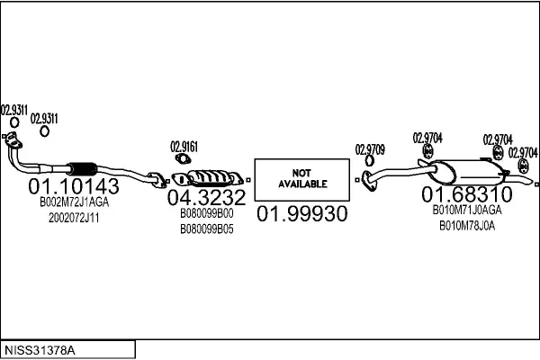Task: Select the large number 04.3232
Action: tap(206, 198)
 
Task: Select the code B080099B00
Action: tap(206, 214)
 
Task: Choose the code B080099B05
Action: tap(206, 229)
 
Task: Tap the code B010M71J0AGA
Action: tap(466, 211)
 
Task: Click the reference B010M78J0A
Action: tap(466, 225)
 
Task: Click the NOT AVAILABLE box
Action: tap(301, 177)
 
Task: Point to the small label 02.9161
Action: tap(184, 145)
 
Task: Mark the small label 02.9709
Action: tap(370, 149)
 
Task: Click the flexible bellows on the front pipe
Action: tap(82, 169)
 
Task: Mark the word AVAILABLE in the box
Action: tap(301, 183)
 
